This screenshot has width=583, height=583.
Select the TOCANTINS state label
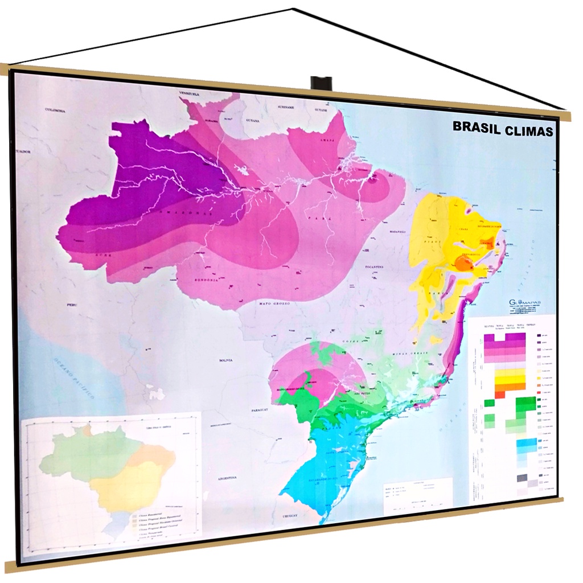[x=374, y=266]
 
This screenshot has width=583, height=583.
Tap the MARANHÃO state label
[x=396, y=232]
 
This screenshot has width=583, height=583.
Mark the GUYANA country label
[x=252, y=121]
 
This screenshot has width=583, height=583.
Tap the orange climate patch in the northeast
[x=465, y=263]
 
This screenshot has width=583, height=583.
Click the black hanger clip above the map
[x=321, y=83]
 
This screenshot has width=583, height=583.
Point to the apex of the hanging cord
[x=293, y=9]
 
